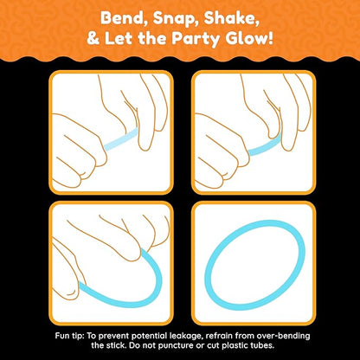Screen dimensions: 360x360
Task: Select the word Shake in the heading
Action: click(x=231, y=19)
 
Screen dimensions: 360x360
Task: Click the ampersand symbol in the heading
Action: click(x=93, y=39)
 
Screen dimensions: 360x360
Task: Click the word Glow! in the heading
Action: click(x=249, y=38)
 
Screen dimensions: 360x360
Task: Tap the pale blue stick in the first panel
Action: click(x=121, y=139)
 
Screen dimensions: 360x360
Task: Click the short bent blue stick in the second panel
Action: click(x=264, y=145)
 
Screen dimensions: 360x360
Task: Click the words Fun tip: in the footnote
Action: click(x=69, y=336)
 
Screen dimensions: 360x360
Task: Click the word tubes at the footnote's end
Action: click(x=262, y=345)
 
